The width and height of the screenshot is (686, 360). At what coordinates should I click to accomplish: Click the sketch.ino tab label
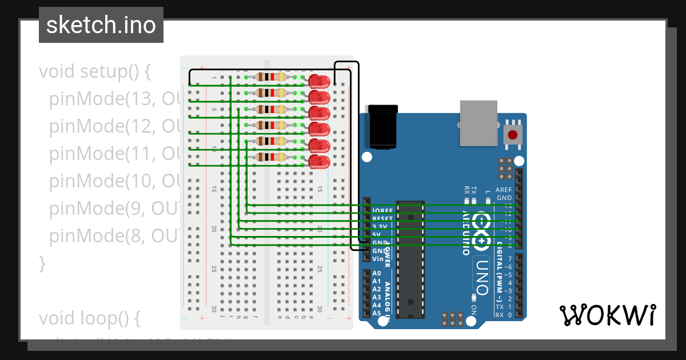tap(101, 25)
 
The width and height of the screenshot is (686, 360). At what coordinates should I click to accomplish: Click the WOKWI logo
tap(607, 315)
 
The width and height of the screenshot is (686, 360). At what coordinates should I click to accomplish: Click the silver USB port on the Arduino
tap(479, 123)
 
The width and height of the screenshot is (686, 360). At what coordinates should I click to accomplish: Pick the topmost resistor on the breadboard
tap(270, 77)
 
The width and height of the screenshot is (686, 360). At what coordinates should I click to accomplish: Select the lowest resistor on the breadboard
tap(270, 157)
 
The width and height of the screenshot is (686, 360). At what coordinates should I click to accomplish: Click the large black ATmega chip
tap(410, 260)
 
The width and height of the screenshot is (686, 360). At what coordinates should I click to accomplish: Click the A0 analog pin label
tap(376, 274)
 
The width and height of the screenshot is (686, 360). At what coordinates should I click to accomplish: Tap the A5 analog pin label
tap(376, 313)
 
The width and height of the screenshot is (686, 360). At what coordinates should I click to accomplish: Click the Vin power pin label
tap(377, 259)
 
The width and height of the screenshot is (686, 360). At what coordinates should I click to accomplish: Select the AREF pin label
tap(504, 190)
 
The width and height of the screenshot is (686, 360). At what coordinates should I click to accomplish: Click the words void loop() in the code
tap(89, 317)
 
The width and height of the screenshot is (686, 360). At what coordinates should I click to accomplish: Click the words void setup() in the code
tap(95, 72)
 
